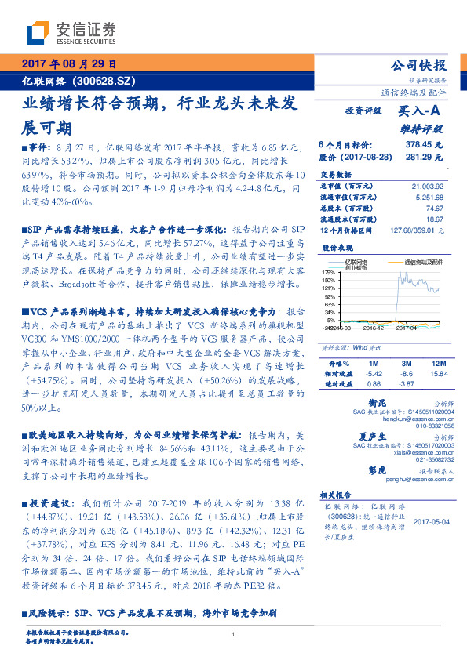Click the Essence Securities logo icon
pos(40,34)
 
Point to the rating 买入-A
pos(419,112)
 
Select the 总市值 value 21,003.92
pos(427,186)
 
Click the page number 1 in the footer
pos(234,634)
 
